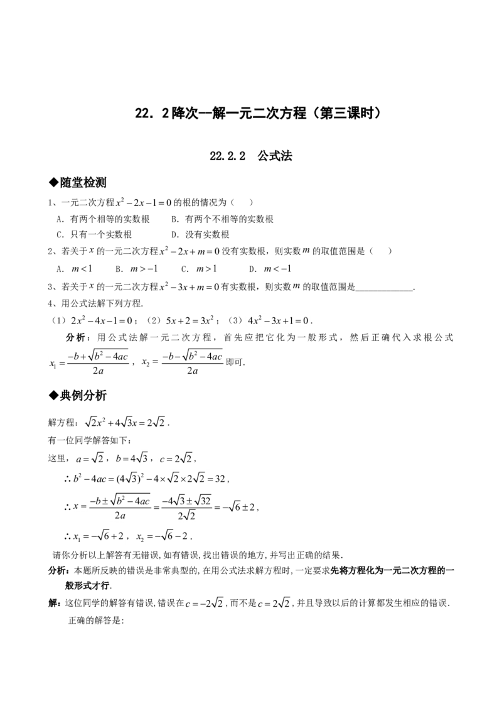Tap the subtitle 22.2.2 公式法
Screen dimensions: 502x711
click(251, 156)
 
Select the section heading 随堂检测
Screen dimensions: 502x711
click(78, 183)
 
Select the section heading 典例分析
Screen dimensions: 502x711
click(78, 396)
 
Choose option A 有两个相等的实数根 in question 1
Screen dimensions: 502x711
click(103, 219)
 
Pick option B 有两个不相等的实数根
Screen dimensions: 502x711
click(223, 219)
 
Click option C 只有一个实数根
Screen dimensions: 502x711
click(94, 234)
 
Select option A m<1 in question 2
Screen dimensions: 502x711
click(74, 269)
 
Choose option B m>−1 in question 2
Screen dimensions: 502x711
click(137, 269)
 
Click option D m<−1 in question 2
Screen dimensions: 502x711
click(270, 269)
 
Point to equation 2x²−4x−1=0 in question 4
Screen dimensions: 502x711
click(102, 320)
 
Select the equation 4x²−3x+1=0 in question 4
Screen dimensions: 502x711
click(278, 320)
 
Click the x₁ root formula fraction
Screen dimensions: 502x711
click(98, 363)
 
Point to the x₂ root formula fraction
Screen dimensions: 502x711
click(192, 363)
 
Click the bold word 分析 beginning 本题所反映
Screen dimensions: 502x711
click(58, 571)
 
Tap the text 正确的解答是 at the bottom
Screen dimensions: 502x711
click(96, 621)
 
